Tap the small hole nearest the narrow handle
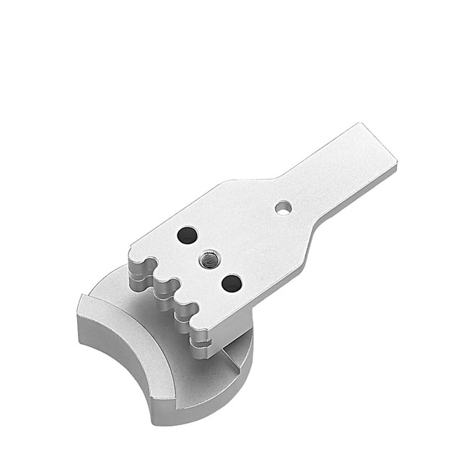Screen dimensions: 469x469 coord(284,208)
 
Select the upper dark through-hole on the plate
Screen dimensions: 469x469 coord(187,235)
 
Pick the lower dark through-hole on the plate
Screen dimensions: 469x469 coord(232,283)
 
